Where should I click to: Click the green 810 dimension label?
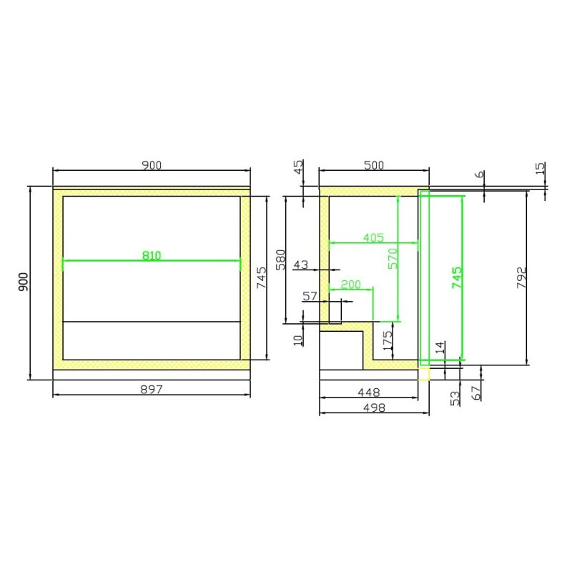pyautogui.click(x=152, y=255)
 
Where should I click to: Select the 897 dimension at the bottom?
pyautogui.click(x=152, y=390)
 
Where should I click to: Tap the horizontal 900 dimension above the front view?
pyautogui.click(x=152, y=165)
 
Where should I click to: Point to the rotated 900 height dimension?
pyautogui.click(x=23, y=282)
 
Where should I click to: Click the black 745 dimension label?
pyautogui.click(x=262, y=278)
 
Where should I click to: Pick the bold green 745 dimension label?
pyautogui.click(x=457, y=277)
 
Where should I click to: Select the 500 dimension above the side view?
pyautogui.click(x=374, y=165)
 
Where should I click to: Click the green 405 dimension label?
pyautogui.click(x=373, y=238)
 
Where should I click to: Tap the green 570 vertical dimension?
pyautogui.click(x=393, y=259)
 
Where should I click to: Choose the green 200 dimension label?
pyautogui.click(x=350, y=285)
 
